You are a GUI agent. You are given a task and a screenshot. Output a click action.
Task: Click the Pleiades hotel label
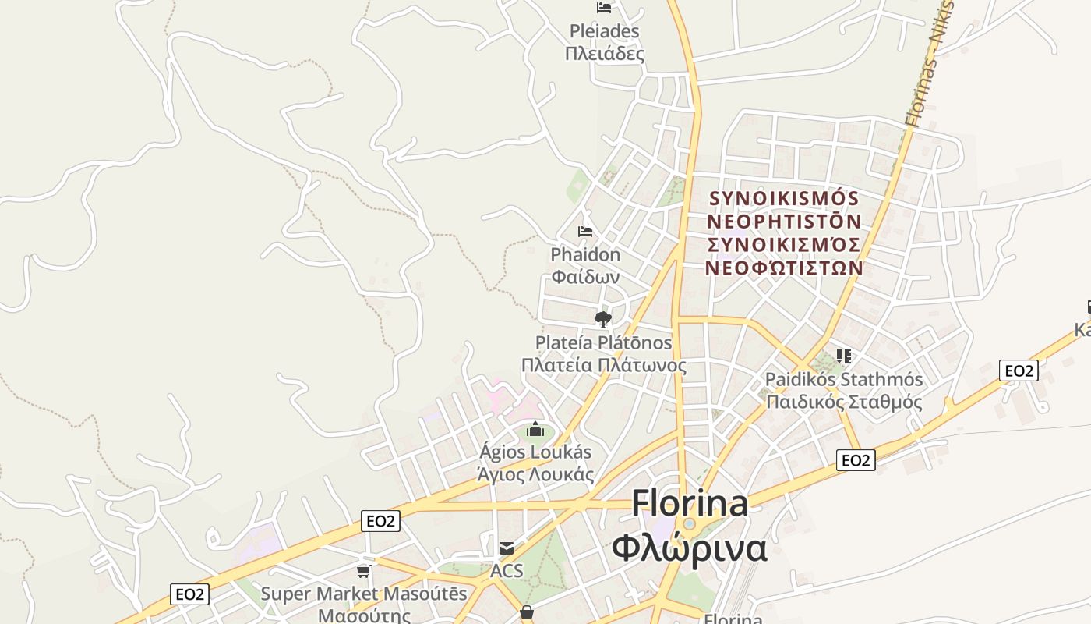pyautogui.click(x=604, y=32)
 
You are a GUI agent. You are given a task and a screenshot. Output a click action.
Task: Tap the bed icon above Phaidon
pyautogui.click(x=585, y=232)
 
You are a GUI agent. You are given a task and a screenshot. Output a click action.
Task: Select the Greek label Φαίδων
pyautogui.click(x=585, y=276)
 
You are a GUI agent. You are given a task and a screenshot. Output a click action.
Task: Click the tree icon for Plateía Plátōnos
pyautogui.click(x=603, y=319)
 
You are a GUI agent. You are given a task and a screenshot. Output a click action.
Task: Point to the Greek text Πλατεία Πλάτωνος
pyautogui.click(x=604, y=366)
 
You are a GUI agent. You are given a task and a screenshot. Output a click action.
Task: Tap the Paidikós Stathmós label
pyautogui.click(x=844, y=380)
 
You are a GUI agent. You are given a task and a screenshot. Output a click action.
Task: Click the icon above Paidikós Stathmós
pyautogui.click(x=843, y=356)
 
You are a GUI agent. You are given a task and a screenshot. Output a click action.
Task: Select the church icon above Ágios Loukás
pyautogui.click(x=535, y=429)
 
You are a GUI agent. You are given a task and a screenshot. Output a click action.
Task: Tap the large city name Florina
pyautogui.click(x=690, y=503)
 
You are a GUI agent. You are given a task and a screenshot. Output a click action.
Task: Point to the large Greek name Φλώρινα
pyautogui.click(x=690, y=548)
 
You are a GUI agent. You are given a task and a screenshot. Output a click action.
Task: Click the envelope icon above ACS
pyautogui.click(x=507, y=548)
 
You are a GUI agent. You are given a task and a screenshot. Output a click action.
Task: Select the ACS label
pyautogui.click(x=507, y=572)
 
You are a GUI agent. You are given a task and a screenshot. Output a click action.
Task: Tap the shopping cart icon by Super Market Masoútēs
pyautogui.click(x=363, y=572)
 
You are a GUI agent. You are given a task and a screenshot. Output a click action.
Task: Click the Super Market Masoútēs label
pyautogui.click(x=364, y=594)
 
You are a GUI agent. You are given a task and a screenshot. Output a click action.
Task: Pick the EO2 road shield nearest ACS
pyautogui.click(x=380, y=521)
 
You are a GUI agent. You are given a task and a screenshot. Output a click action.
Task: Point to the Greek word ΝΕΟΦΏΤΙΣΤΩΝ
pyautogui.click(x=784, y=268)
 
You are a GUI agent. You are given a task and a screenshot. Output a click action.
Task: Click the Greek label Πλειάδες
pyautogui.click(x=604, y=54)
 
